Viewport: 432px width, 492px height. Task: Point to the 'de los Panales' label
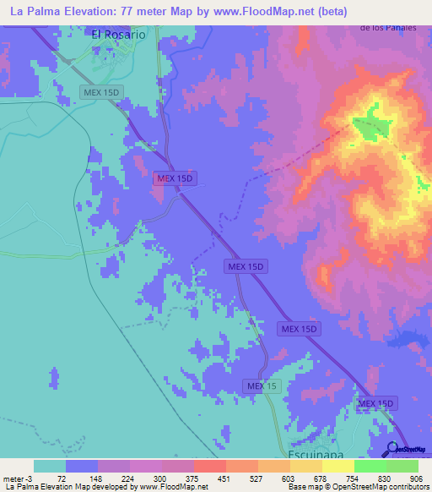pyautogui.click(x=389, y=28)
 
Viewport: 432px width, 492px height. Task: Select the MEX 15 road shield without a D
pyautogui.click(x=261, y=386)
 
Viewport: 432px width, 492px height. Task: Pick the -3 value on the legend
pyautogui.click(x=30, y=478)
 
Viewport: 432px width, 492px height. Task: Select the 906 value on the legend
pyautogui.click(x=415, y=478)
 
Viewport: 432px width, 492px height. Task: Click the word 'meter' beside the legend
pyautogui.click(x=13, y=478)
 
